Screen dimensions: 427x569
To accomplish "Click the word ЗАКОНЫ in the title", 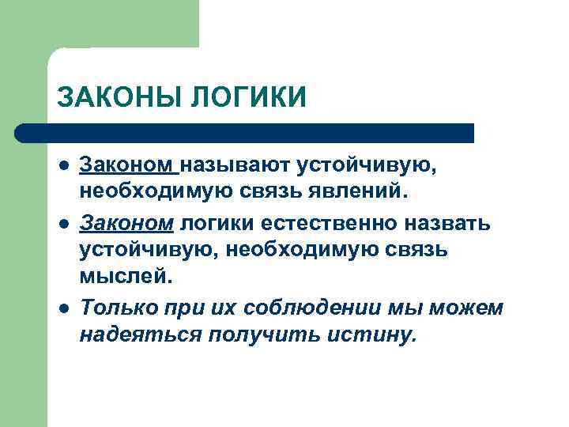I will (118, 97).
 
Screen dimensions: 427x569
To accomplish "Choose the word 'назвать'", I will (447, 223).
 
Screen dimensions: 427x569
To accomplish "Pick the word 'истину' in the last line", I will (370, 336).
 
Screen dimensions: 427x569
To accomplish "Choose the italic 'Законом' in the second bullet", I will (126, 223).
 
